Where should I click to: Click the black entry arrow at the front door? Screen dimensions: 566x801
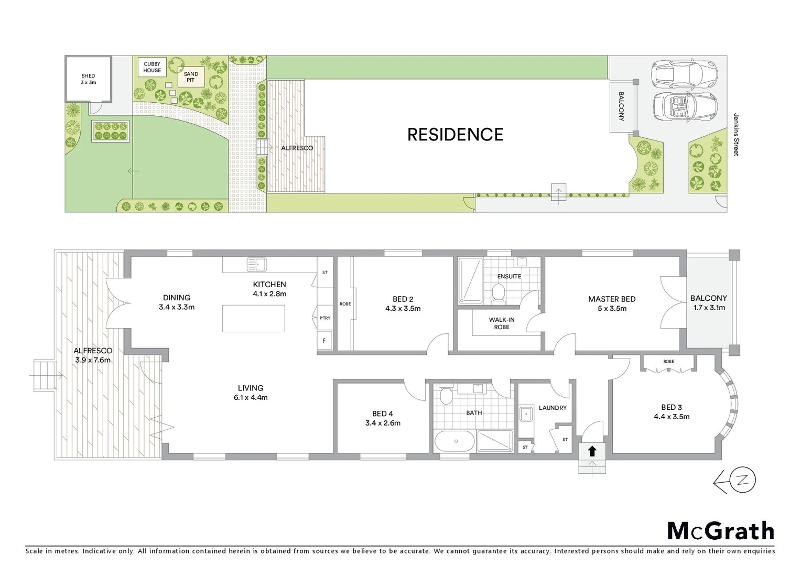point(592,451)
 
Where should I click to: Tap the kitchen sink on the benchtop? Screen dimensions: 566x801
point(256,265)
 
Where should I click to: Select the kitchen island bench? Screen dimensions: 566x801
point(254,319)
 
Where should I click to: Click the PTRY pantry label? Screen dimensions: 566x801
point(325,318)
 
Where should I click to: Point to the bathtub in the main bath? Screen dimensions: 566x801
point(454,441)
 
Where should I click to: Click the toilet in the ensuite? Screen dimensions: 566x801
point(499,291)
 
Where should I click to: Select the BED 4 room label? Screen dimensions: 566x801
point(383,418)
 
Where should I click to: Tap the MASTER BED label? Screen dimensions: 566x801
point(612,303)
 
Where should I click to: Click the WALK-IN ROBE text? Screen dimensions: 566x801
point(502,323)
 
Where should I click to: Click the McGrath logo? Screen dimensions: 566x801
point(720,531)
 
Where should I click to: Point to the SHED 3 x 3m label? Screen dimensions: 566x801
point(88,79)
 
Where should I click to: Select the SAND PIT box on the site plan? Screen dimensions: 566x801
point(191,77)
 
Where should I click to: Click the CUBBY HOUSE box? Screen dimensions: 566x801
point(153,67)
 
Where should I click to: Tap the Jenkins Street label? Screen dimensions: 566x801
point(736,135)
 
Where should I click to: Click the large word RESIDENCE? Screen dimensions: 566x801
point(455,135)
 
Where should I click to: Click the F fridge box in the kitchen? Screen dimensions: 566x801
point(324,341)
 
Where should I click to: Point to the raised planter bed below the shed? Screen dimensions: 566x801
point(111,131)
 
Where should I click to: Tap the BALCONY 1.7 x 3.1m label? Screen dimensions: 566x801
point(709,303)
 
